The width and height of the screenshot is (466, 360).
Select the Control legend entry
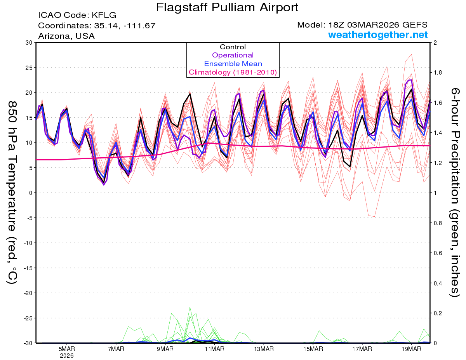click(233, 47)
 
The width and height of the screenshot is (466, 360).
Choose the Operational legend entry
click(233, 55)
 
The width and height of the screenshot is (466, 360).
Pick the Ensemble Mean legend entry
click(233, 64)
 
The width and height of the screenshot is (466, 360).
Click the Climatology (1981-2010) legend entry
click(233, 72)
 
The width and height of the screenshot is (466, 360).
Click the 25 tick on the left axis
click(28, 68)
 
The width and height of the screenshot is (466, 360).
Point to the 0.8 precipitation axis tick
click(438, 223)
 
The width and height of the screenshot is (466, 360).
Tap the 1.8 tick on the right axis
click(438, 73)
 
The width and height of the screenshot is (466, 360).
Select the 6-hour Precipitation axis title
click(455, 192)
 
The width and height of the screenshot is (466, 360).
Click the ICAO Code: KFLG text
click(77, 16)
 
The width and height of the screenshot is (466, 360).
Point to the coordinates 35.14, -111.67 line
click(97, 26)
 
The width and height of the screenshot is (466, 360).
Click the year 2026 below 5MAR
click(67, 355)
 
